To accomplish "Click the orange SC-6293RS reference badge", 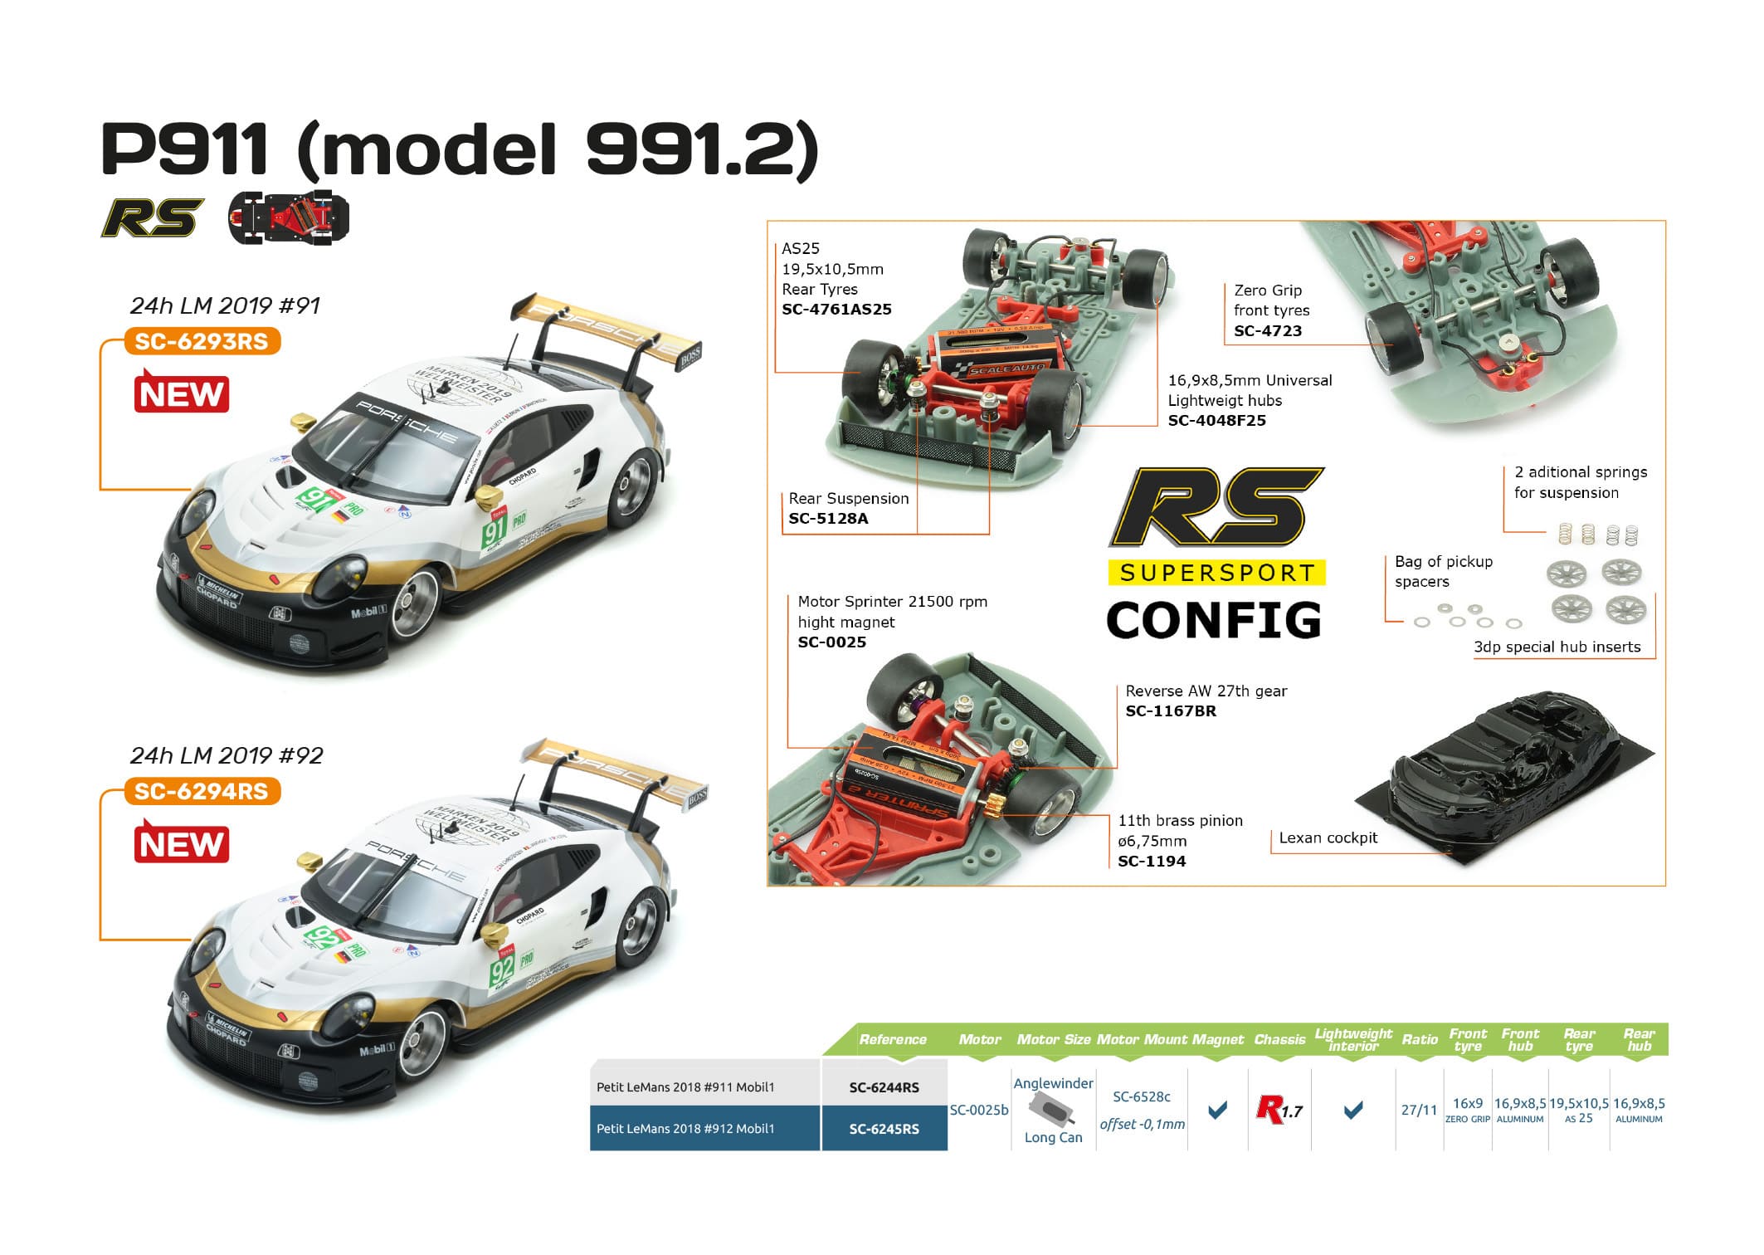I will coord(202,341).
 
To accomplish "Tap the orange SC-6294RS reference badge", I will coord(202,791).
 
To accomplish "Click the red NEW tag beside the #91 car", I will coord(181,393).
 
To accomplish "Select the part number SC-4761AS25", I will coord(836,310).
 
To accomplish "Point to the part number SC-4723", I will coord(1267,331).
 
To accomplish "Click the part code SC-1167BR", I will coord(1170,711).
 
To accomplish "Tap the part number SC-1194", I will coord(1151,862).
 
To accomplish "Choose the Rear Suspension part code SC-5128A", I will coord(827,519).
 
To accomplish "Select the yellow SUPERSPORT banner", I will coord(1216,573).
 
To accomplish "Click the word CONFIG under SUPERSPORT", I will coord(1214,621).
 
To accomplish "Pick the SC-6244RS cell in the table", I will coord(884,1087).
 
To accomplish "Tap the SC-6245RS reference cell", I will coord(884,1129).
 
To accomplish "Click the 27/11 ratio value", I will coord(1418,1110).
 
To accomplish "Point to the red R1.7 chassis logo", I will coord(1279,1110).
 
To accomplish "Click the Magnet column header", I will coord(1217,1039).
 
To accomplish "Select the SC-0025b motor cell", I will coord(979,1110).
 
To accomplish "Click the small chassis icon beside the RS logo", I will coord(289,217).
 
